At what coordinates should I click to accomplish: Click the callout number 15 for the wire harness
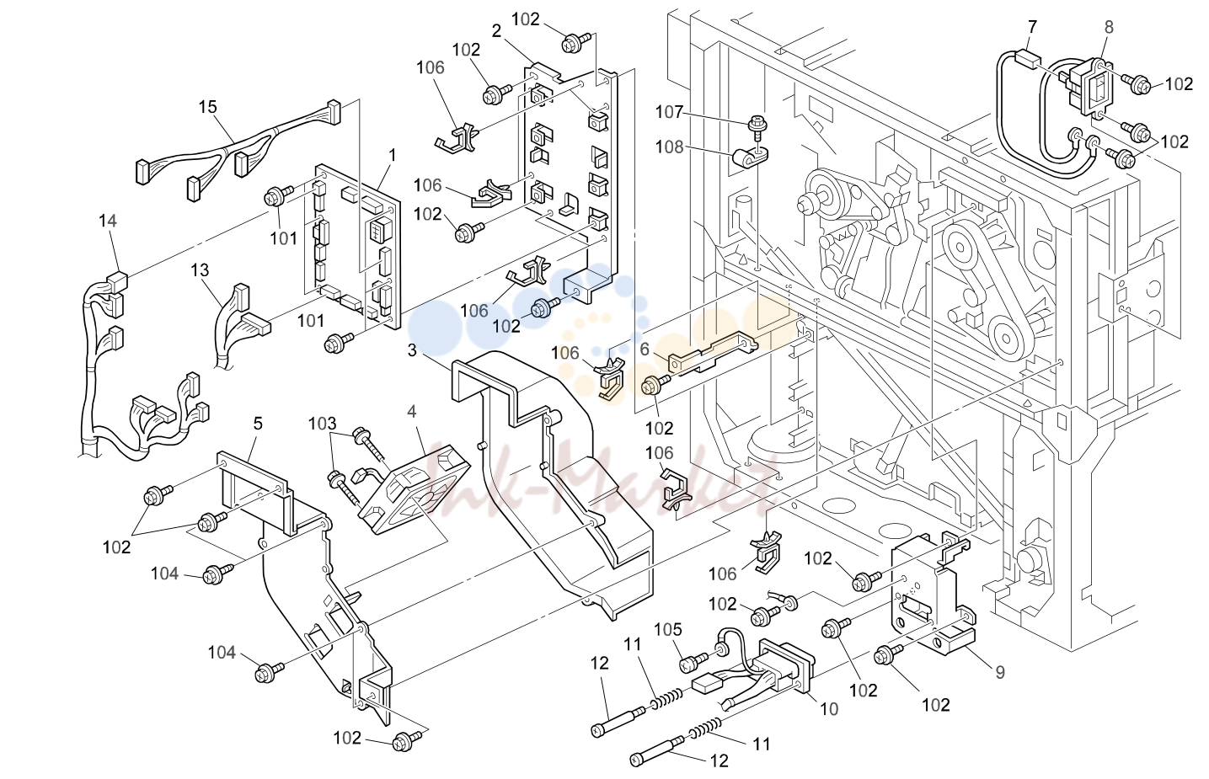tap(207, 107)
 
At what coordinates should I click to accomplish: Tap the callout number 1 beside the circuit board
tap(393, 155)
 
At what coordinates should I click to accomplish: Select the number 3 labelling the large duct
tap(412, 350)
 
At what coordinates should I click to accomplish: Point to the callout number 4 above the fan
tap(412, 412)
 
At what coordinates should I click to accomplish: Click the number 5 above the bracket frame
tap(258, 424)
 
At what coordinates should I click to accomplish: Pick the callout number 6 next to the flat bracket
tap(645, 349)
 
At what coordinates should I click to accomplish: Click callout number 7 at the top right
tap(1033, 26)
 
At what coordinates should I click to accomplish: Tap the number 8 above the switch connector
tap(1109, 27)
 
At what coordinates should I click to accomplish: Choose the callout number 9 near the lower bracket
tap(1000, 672)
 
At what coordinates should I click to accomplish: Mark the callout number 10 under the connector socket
tap(829, 709)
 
